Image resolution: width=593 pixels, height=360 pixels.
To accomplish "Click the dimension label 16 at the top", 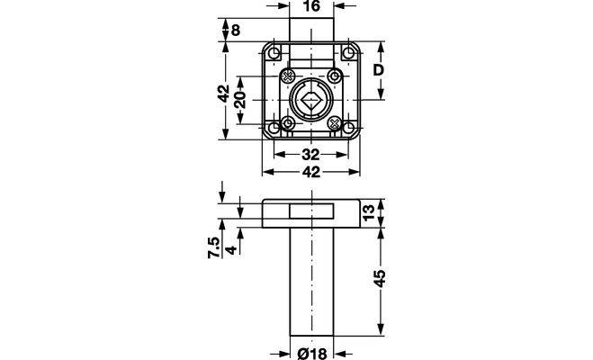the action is (x=311, y=6).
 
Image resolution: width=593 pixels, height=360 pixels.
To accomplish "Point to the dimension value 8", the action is (x=235, y=30).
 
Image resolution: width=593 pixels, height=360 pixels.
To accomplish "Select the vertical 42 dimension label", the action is (x=225, y=93).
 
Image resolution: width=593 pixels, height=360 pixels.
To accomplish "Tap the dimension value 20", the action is (x=240, y=100).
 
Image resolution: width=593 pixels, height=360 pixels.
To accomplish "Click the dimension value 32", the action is (x=310, y=155).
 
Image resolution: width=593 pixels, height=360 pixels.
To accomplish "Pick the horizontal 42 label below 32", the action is (x=310, y=172).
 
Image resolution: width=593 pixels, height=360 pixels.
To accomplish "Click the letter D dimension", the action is (x=379, y=70).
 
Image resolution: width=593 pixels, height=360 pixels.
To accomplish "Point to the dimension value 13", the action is (x=368, y=211).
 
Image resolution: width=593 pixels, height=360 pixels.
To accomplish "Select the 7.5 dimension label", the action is (x=213, y=247).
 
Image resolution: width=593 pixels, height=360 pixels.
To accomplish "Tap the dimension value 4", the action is (x=230, y=249).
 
